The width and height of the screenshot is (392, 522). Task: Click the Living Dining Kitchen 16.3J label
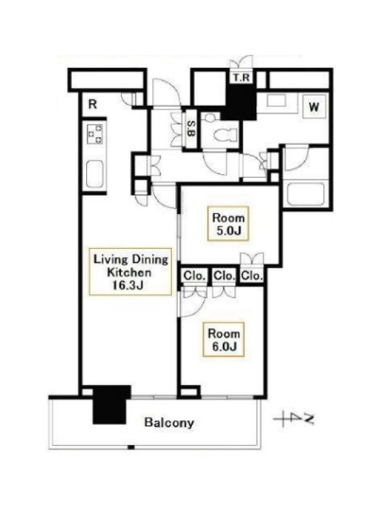click(130, 272)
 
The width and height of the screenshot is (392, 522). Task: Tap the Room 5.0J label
click(228, 224)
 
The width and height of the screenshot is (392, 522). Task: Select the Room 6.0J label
click(223, 339)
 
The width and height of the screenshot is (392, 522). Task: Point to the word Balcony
click(169, 423)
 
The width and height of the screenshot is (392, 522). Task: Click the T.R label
click(241, 78)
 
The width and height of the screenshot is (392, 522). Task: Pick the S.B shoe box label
click(191, 128)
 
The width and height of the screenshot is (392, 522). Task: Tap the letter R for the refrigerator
click(92, 104)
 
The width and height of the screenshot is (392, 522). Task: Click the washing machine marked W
click(314, 107)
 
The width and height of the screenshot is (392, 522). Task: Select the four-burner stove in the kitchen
click(95, 134)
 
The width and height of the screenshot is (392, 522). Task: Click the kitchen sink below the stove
click(95, 174)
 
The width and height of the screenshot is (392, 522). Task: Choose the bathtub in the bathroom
click(306, 194)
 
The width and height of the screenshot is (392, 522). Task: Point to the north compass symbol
click(294, 419)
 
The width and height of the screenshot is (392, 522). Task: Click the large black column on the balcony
click(110, 404)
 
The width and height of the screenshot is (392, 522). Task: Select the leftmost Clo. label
click(193, 276)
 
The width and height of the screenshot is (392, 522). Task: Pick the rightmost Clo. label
click(252, 275)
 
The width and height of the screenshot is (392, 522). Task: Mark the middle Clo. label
click(224, 275)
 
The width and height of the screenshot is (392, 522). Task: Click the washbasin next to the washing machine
click(276, 101)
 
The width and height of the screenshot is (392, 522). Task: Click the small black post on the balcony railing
click(131, 447)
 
